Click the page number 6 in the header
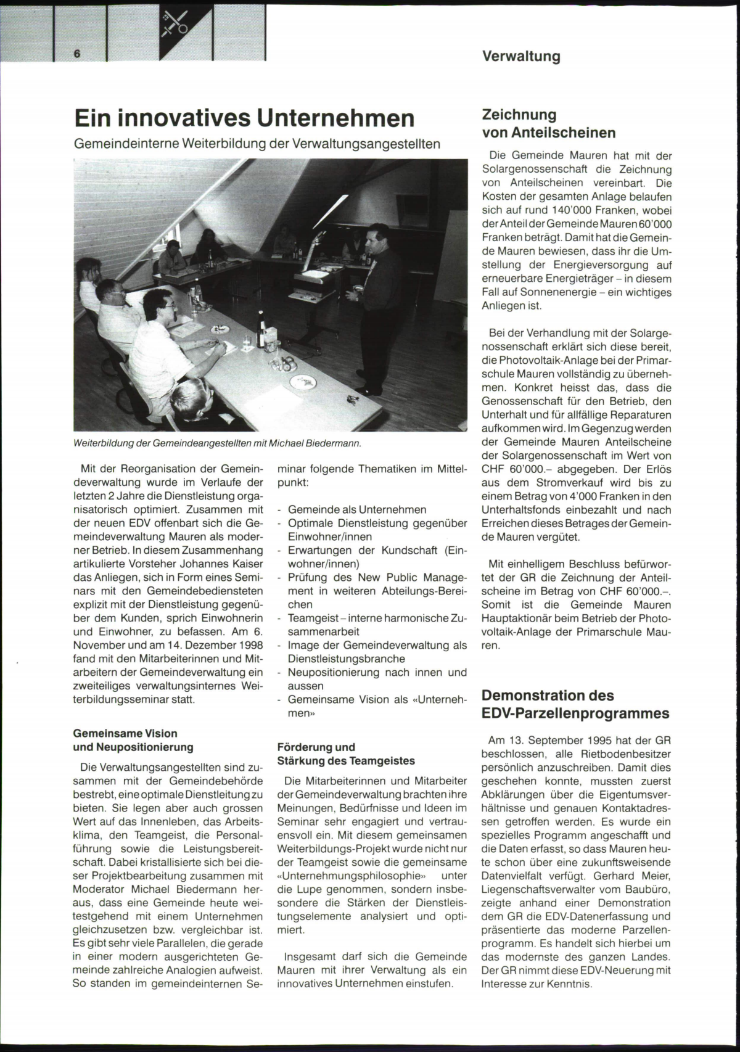77,54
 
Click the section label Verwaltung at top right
521,57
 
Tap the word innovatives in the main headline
184,118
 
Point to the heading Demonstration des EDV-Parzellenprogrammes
575,704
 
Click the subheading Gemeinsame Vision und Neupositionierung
133,740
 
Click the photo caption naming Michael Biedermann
216,443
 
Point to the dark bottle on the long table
261,331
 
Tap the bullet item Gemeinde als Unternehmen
357,510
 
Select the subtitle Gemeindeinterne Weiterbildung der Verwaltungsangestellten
257,144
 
